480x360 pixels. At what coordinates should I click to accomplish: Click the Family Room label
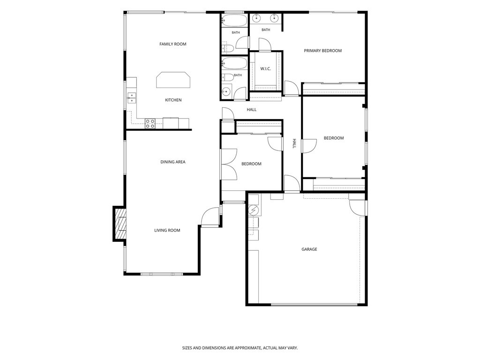click(172, 44)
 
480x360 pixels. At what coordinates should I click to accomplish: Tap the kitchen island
click(173, 80)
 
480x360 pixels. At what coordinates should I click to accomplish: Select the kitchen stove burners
click(150, 123)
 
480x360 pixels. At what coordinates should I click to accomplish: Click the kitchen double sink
click(132, 98)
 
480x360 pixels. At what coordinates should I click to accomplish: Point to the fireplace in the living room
click(120, 224)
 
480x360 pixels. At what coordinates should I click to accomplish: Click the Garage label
click(309, 249)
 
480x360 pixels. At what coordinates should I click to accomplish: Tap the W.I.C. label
click(265, 69)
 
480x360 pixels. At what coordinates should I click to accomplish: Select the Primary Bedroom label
click(322, 51)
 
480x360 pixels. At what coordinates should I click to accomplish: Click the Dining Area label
click(173, 162)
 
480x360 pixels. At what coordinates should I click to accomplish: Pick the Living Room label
click(167, 231)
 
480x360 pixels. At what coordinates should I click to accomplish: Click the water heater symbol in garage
click(254, 210)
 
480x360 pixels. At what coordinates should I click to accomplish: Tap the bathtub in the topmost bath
click(234, 21)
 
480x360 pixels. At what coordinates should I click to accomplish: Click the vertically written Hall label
click(294, 143)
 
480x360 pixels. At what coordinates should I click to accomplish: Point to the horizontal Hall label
click(252, 110)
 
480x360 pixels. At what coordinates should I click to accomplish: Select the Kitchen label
click(173, 100)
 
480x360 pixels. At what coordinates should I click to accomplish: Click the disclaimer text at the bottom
click(240, 348)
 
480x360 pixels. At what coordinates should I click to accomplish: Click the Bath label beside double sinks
click(266, 30)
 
